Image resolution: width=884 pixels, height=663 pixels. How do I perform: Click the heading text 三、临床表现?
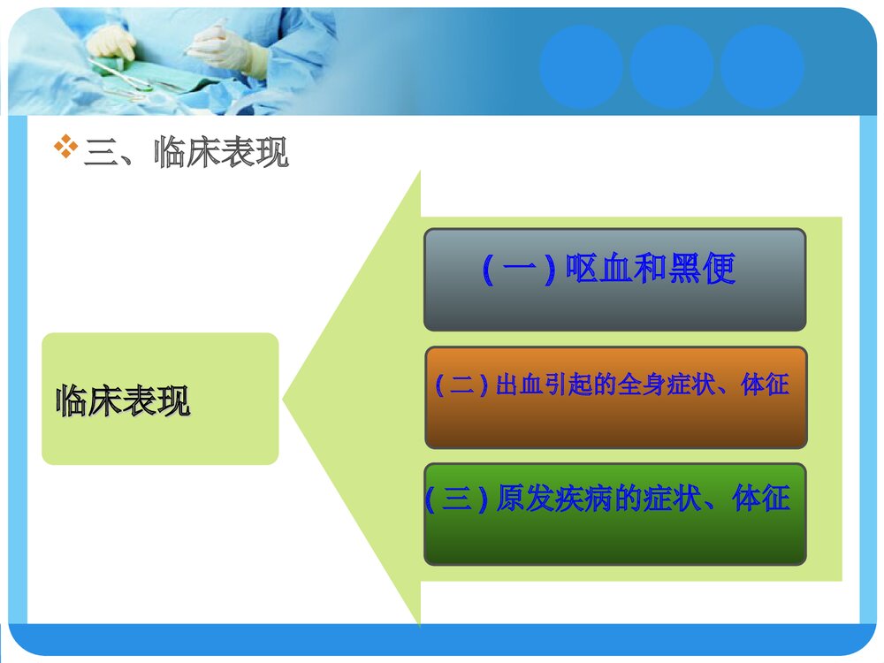click(x=186, y=153)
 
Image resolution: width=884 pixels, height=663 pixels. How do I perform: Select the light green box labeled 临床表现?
click(x=160, y=399)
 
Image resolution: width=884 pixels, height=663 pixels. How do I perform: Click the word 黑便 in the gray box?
click(x=702, y=269)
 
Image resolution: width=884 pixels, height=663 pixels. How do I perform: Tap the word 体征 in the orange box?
click(x=765, y=385)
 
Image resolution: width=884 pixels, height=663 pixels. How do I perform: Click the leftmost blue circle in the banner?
click(x=581, y=67)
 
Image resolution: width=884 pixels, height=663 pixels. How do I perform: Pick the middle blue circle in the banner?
click(x=671, y=67)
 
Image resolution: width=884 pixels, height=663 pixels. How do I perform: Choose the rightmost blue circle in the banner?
click(x=761, y=67)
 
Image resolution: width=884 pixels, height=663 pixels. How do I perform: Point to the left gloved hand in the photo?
click(x=113, y=41)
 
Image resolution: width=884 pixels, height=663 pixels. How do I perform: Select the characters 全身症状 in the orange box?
click(x=667, y=385)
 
